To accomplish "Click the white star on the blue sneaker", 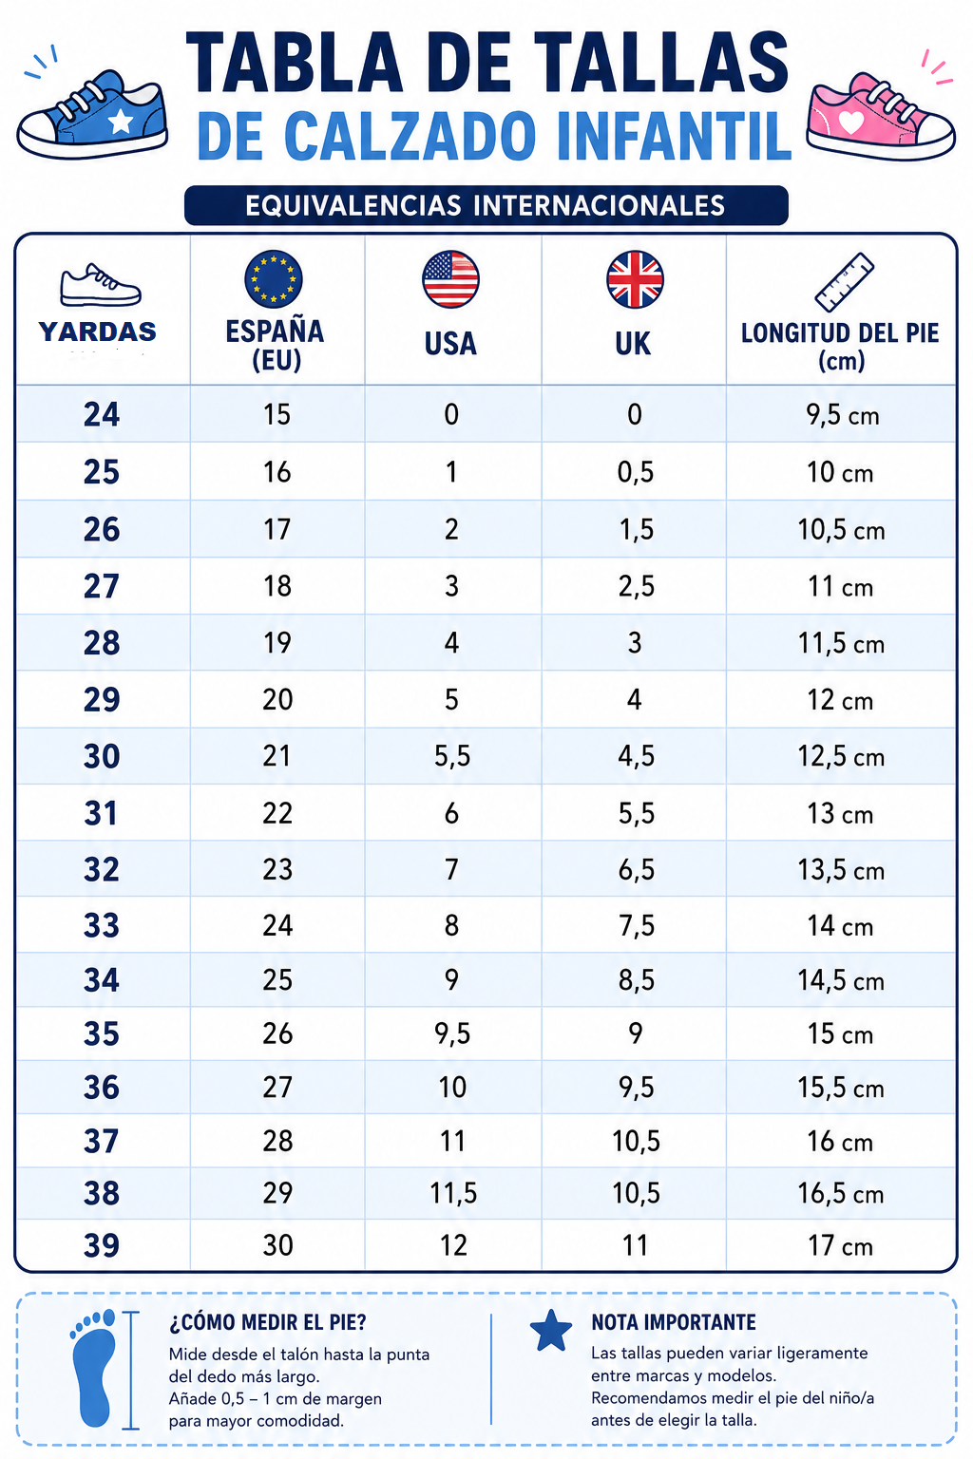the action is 121,122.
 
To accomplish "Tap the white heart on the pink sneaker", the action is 850,122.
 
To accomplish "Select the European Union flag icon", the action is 274,278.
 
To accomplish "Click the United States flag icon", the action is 451,278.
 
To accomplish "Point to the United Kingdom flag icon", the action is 635,278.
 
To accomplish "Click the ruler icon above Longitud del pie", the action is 844,281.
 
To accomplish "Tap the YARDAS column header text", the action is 98,332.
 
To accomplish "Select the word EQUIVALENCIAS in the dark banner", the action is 353,206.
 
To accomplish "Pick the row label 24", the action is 102,414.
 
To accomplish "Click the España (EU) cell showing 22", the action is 277,813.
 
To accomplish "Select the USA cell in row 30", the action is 452,756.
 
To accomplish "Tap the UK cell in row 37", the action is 636,1141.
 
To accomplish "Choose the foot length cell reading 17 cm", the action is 840,1246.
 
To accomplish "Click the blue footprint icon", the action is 94,1368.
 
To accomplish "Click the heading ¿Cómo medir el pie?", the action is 268,1323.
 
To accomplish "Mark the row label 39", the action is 102,1245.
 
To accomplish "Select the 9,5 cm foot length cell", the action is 843,415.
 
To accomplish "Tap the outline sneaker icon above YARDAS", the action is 100,285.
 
